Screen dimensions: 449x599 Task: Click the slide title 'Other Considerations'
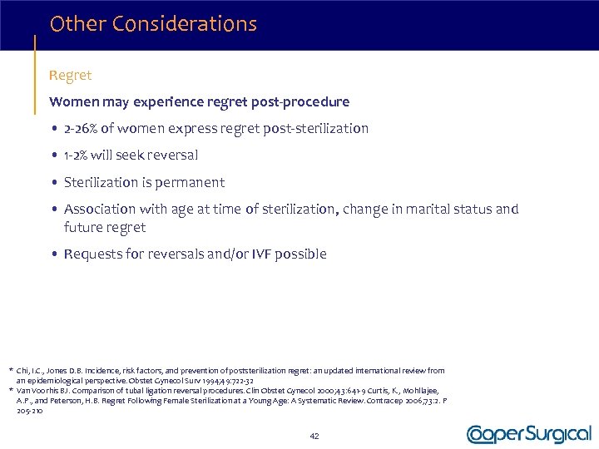(153, 24)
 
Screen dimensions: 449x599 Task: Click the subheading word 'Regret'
(71, 76)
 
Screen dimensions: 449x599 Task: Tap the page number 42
(314, 436)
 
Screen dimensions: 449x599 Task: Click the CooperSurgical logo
(528, 434)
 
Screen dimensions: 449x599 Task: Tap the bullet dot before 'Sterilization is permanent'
(54, 183)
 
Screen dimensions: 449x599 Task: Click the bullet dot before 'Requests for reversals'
(54, 254)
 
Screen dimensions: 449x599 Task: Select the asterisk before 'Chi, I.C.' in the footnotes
(10, 371)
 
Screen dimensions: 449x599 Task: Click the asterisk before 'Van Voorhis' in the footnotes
(10, 390)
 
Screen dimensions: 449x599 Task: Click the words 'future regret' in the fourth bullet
(105, 228)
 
